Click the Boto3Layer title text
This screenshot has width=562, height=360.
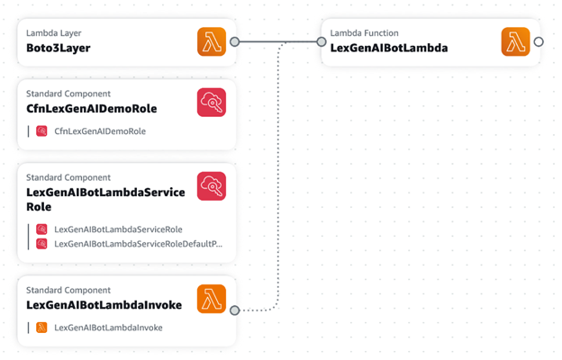(x=58, y=49)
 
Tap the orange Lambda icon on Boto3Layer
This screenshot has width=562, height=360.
(x=212, y=41)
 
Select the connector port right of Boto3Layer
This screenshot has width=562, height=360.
(x=234, y=41)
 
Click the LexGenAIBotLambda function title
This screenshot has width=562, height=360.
(x=388, y=49)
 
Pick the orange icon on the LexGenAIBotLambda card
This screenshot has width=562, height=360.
(x=515, y=41)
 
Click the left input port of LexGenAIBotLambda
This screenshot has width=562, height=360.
(x=322, y=41)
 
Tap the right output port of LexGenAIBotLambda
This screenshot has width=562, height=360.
(x=539, y=41)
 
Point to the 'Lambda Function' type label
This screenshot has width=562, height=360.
(x=364, y=33)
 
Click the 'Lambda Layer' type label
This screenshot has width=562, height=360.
(x=53, y=33)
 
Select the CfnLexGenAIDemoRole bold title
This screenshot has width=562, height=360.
(x=91, y=109)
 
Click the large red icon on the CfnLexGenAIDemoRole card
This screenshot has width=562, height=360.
(x=212, y=103)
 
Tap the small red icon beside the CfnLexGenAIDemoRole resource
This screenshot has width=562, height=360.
(x=41, y=131)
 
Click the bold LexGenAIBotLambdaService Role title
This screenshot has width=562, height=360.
(x=105, y=199)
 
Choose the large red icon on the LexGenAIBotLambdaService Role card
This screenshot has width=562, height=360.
(x=212, y=186)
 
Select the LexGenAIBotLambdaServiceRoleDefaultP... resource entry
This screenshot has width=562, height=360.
(x=138, y=243)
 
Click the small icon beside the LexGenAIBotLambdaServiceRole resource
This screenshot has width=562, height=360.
(x=41, y=229)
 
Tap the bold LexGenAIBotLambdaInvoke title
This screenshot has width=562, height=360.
(x=104, y=305)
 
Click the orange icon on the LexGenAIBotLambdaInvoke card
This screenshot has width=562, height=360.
(x=212, y=300)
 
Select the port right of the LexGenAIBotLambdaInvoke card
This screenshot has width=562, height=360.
(x=234, y=310)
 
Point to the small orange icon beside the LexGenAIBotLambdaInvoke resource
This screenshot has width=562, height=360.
(x=41, y=328)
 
